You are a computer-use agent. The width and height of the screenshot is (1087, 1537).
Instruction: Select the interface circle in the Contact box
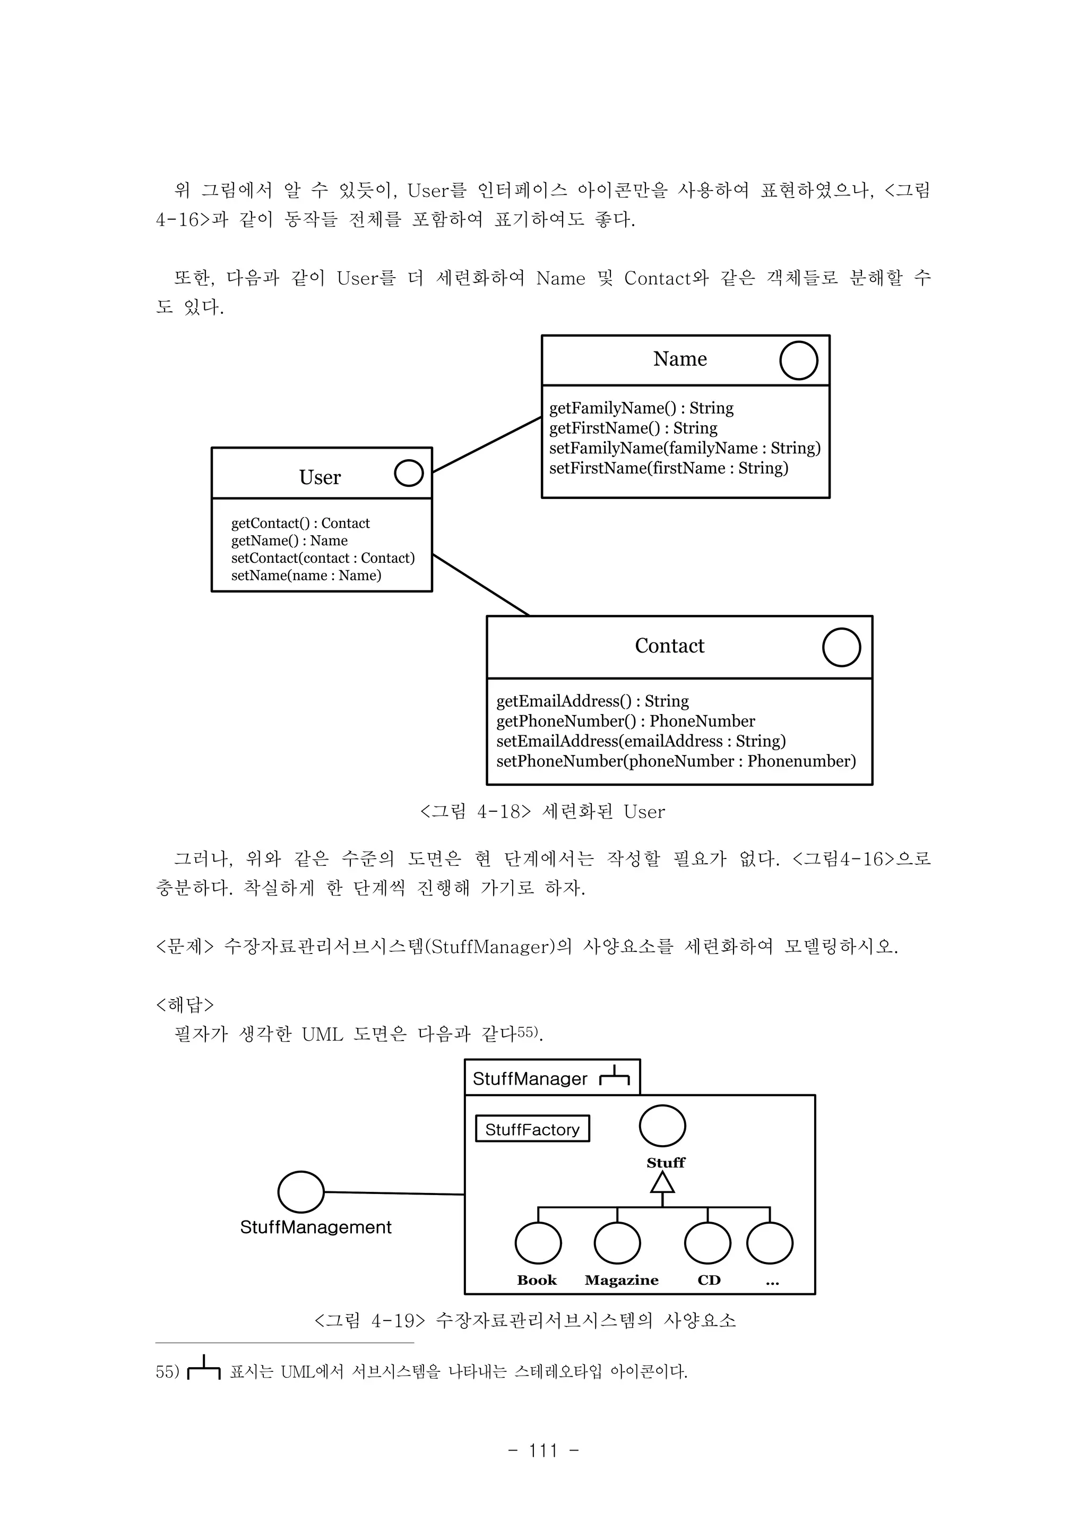841,647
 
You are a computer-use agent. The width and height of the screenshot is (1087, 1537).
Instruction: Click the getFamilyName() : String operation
641,408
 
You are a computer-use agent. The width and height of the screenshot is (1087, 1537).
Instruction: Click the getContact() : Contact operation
300,523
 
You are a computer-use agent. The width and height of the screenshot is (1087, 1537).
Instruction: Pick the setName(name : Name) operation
306,575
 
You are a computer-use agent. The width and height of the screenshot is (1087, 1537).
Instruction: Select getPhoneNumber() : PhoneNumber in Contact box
625,721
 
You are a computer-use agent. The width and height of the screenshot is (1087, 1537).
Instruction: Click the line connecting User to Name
487,445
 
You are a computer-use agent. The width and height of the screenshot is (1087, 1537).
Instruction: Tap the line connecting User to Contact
480,585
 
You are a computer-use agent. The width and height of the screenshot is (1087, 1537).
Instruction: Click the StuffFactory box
532,1130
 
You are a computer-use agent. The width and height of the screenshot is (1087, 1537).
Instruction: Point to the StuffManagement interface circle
300,1192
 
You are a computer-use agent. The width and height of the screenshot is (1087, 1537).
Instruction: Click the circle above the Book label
538,1243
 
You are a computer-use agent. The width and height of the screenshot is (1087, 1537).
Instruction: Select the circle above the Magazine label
617,1243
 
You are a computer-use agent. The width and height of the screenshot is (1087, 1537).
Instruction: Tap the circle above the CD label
708,1243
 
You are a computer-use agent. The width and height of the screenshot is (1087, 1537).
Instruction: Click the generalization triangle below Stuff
662,1183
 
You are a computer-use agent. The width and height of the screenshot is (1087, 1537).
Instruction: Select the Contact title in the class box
669,646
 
